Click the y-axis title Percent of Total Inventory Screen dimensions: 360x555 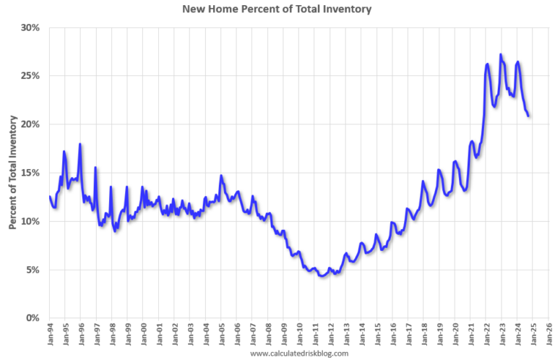13,172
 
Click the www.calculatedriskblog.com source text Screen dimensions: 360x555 298,353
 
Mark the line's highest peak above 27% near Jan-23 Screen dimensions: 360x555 501,54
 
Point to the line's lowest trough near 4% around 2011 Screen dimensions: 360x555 322,276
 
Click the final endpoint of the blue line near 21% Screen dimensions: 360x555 528,116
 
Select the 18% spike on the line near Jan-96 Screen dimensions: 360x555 80,144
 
